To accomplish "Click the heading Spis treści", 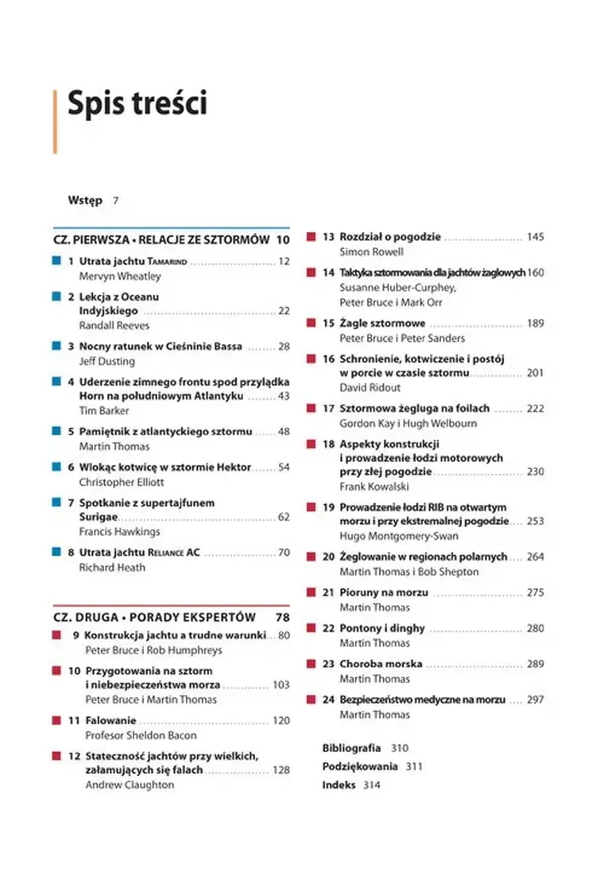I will click(137, 104).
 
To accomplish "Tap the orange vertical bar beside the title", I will click(55, 121).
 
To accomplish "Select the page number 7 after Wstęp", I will click(116, 200).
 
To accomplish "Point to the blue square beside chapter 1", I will click(56, 261).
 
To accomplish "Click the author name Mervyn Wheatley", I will click(120, 276).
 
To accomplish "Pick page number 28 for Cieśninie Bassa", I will click(284, 346).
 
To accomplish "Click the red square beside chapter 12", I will click(56, 755).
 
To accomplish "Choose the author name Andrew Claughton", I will click(130, 784).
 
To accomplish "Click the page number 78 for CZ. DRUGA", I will click(282, 617).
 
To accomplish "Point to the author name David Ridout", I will click(369, 387).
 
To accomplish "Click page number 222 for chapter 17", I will click(535, 408).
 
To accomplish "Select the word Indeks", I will click(339, 785).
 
